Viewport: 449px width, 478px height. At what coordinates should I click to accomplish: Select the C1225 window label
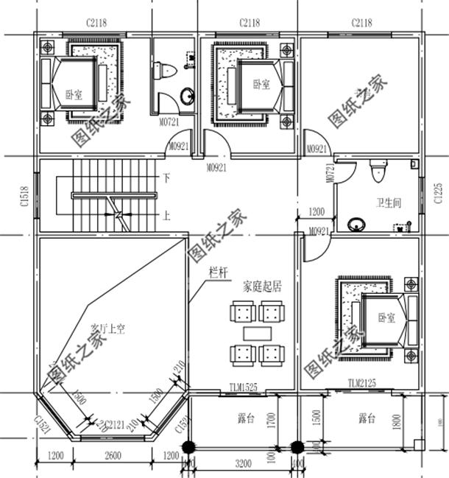click(437, 193)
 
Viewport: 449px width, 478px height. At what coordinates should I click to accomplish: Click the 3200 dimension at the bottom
click(244, 465)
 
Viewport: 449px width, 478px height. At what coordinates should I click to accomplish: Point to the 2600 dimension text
click(113, 456)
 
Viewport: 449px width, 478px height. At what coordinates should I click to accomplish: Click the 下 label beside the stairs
click(167, 178)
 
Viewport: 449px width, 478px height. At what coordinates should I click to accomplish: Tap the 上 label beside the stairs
click(167, 216)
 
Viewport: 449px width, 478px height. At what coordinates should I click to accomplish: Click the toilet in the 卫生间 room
click(378, 171)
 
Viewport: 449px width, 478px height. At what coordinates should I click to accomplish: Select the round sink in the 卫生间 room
click(357, 223)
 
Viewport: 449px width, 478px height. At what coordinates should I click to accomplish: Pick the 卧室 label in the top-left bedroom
click(73, 94)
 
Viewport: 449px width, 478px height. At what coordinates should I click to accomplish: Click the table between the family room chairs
click(257, 334)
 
